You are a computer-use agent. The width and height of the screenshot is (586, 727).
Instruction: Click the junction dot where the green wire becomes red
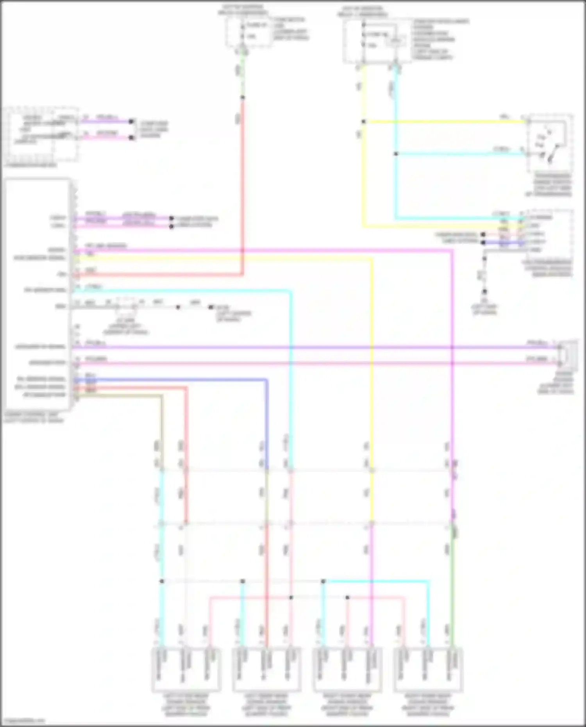[243, 97]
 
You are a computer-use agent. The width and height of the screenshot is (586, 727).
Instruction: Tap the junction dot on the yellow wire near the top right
[364, 122]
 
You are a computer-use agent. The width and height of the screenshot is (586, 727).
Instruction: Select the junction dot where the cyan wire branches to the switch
[396, 154]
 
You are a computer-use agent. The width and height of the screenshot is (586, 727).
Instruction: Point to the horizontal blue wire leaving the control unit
[172, 379]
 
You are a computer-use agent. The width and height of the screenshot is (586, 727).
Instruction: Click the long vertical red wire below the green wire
[243, 188]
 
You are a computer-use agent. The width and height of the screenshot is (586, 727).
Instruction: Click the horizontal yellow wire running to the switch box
[445, 122]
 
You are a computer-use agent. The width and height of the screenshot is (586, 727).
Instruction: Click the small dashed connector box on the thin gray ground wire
[126, 307]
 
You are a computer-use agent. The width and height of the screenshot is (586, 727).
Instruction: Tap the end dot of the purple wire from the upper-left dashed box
[132, 121]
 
